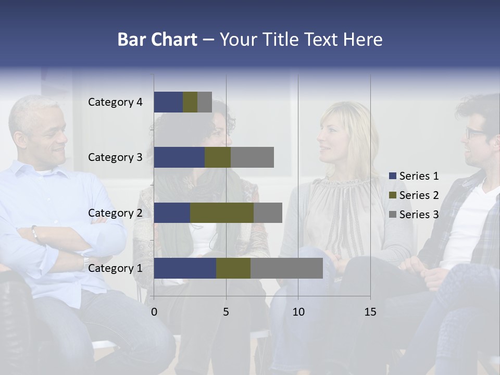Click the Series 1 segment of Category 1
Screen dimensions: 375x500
185,268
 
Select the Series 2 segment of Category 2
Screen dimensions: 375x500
222,213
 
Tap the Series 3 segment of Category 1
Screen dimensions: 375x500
286,268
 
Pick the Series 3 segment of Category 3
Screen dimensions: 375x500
252,157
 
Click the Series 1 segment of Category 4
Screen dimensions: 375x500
168,102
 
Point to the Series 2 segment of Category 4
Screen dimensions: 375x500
190,102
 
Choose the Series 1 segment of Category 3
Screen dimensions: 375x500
179,157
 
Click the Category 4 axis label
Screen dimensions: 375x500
115,102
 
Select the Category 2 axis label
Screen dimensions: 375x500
115,213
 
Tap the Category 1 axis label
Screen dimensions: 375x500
115,268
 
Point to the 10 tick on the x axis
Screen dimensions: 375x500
298,312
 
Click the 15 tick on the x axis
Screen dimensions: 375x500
370,312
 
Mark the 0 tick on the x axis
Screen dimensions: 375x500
154,312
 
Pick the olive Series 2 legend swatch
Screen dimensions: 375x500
393,195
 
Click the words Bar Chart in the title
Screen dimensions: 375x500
157,40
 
